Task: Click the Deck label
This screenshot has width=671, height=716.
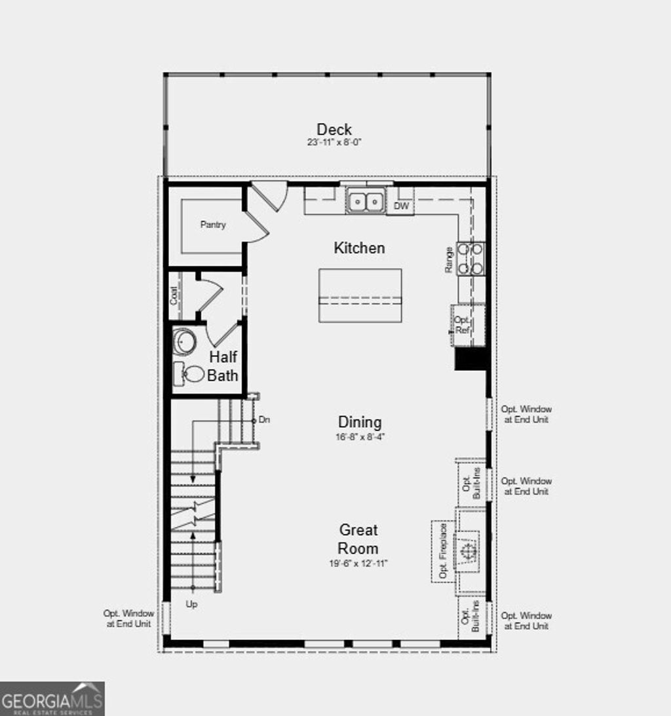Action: point(334,129)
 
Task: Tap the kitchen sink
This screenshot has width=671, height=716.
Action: point(366,201)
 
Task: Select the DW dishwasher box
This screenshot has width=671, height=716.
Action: point(401,206)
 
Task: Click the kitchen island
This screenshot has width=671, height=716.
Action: point(360,295)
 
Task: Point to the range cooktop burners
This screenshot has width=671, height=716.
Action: point(470,258)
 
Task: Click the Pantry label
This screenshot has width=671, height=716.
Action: point(213,225)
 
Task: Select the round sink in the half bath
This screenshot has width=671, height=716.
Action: point(184,341)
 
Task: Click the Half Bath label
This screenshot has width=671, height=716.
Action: point(223,366)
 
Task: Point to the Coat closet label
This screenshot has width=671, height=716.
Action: point(174,295)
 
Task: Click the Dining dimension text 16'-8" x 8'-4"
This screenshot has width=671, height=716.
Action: point(360,437)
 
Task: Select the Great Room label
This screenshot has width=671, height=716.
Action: point(358,538)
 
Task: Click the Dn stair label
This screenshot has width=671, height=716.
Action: point(265,419)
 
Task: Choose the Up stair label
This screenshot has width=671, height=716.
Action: point(191,605)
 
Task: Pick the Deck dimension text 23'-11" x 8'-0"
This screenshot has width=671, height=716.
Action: point(334,142)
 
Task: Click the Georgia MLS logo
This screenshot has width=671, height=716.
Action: point(52,698)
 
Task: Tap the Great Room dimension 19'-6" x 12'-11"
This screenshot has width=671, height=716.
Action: point(359,563)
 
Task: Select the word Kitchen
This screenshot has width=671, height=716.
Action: point(359,248)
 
